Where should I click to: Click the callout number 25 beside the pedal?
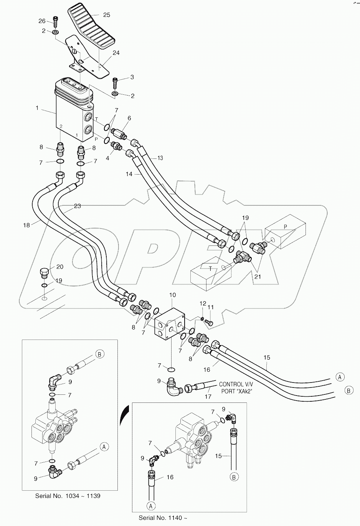[x=106, y=15]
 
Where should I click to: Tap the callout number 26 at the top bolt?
[x=42, y=21]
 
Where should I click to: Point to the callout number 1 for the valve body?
[x=37, y=108]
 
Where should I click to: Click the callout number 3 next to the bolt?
[x=132, y=77]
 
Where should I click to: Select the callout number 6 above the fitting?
[x=129, y=118]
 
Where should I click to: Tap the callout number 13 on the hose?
[x=160, y=158]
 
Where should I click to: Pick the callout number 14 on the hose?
[x=129, y=174]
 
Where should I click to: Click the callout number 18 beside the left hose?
[x=26, y=225]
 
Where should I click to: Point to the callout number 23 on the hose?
[x=77, y=206]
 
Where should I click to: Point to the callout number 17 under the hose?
[x=208, y=397]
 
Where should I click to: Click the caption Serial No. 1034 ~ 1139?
[x=68, y=496]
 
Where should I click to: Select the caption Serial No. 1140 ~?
[x=159, y=518]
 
